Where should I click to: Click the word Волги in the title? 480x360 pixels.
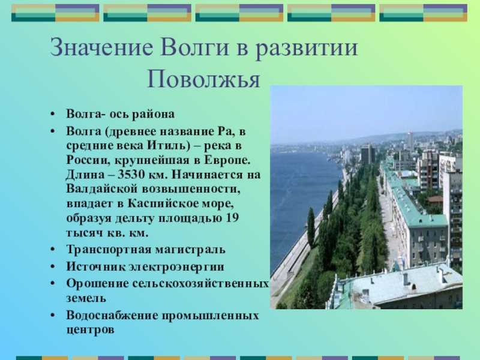(194, 47)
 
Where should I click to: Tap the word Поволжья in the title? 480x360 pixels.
(203, 79)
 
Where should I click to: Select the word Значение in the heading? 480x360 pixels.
(101, 47)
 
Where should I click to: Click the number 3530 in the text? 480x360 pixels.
(131, 175)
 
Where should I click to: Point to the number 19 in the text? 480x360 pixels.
(232, 218)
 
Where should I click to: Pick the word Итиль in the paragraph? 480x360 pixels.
(164, 145)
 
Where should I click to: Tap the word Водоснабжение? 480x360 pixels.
(112, 316)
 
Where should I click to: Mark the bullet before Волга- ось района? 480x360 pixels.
(53, 114)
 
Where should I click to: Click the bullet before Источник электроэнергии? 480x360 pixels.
(53, 267)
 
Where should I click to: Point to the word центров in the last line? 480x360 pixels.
(91, 331)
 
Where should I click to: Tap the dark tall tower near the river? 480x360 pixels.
(368, 155)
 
